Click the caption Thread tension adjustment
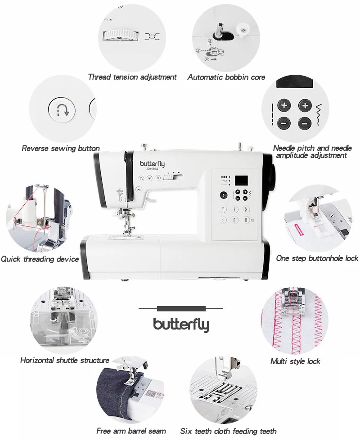(x=132, y=77)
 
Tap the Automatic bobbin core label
(x=226, y=77)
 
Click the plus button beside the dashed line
(x=284, y=106)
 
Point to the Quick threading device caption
(x=40, y=259)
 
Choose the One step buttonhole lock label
(x=317, y=258)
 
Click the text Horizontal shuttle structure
(x=65, y=360)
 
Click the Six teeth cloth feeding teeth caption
(x=228, y=431)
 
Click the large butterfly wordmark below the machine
(x=181, y=324)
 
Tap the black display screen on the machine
(x=243, y=179)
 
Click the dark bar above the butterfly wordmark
(x=181, y=309)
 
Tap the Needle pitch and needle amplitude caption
(x=312, y=152)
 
